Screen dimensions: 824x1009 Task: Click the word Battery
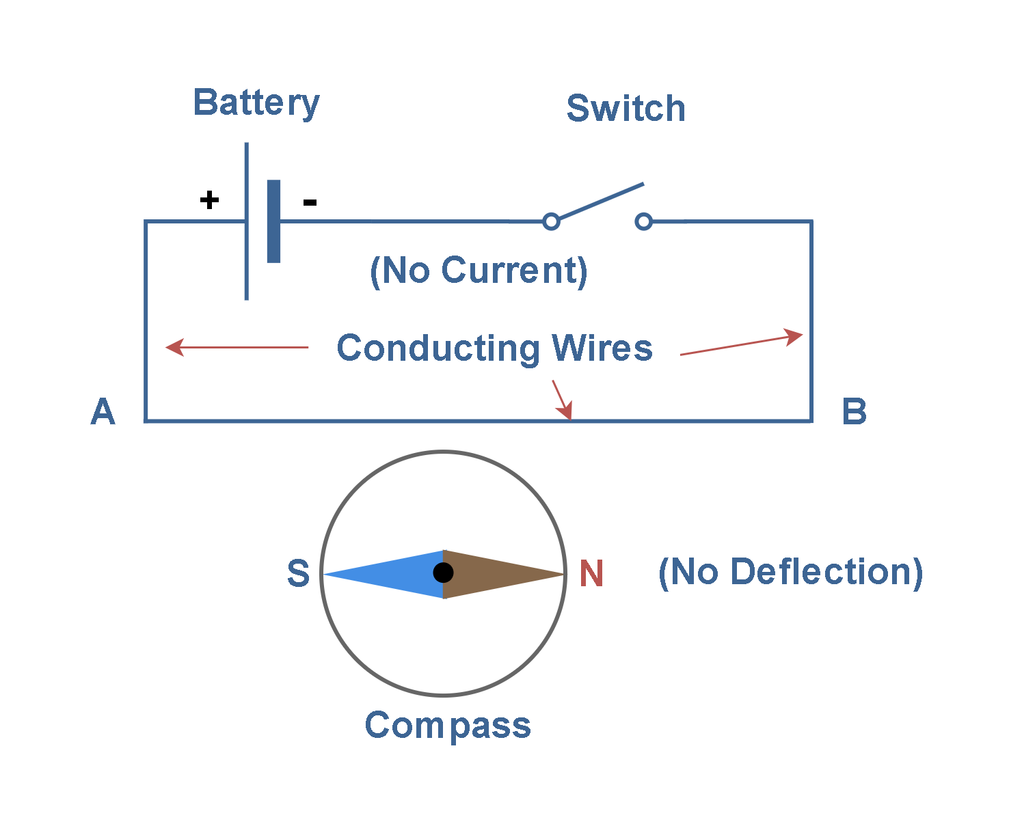(x=256, y=103)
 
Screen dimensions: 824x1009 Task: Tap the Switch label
(x=625, y=109)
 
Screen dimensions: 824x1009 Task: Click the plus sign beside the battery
(x=209, y=200)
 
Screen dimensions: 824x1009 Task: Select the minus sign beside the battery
(x=310, y=202)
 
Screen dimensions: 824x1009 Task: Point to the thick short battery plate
(x=273, y=221)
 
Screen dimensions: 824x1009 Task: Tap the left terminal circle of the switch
(x=551, y=221)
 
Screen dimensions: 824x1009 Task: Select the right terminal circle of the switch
(x=643, y=221)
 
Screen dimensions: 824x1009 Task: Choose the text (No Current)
(x=479, y=271)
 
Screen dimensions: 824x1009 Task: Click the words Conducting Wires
(x=494, y=348)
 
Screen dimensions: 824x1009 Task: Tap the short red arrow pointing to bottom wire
(x=562, y=400)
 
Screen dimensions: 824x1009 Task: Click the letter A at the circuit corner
(x=103, y=412)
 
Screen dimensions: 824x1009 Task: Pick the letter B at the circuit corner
(x=854, y=412)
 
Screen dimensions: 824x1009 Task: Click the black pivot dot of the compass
(x=444, y=573)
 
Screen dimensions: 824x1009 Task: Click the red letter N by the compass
(x=591, y=573)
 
